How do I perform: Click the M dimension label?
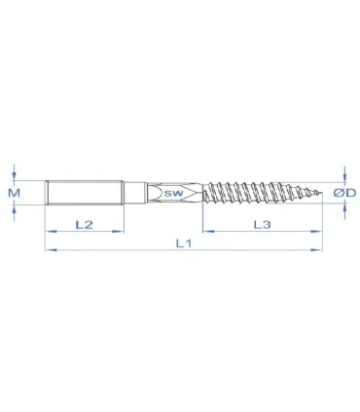pos(13,193)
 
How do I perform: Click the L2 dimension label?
pos(84,224)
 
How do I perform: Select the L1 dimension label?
pos(183,243)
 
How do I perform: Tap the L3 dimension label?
pos(262,224)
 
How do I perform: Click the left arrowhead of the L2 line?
pos(49,232)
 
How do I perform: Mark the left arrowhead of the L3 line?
pos(207,232)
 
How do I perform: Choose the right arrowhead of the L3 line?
pos(318,232)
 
